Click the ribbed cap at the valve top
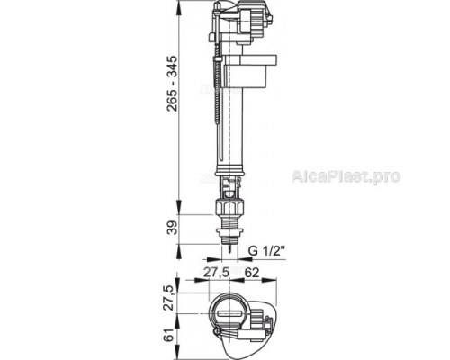coord(237,16)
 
